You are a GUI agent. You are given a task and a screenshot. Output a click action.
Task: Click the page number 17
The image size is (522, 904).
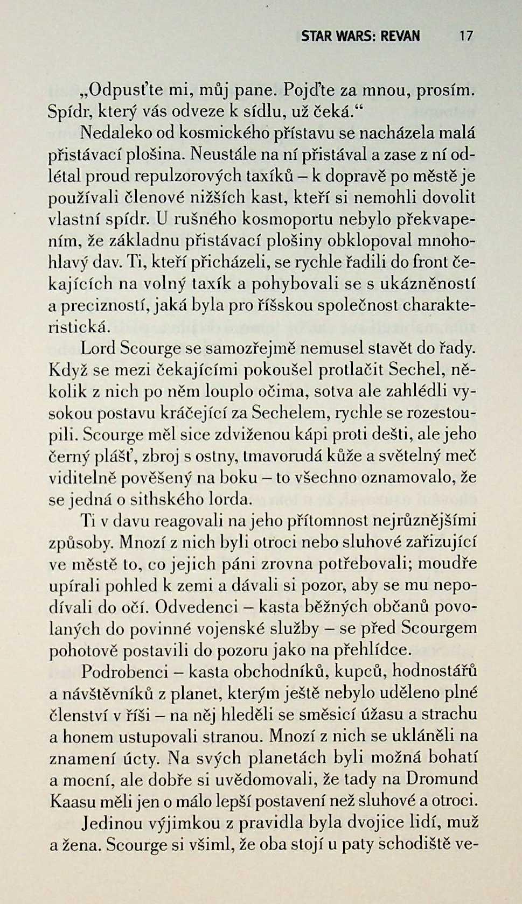(x=465, y=36)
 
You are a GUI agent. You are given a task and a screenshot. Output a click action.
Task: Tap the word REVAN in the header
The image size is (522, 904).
(x=400, y=36)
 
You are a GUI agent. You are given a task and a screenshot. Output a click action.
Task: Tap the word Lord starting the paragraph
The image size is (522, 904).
(x=98, y=348)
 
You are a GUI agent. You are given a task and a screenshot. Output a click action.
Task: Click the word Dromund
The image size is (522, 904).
(x=442, y=779)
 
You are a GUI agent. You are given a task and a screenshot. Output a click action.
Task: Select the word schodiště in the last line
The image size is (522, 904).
(x=414, y=844)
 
